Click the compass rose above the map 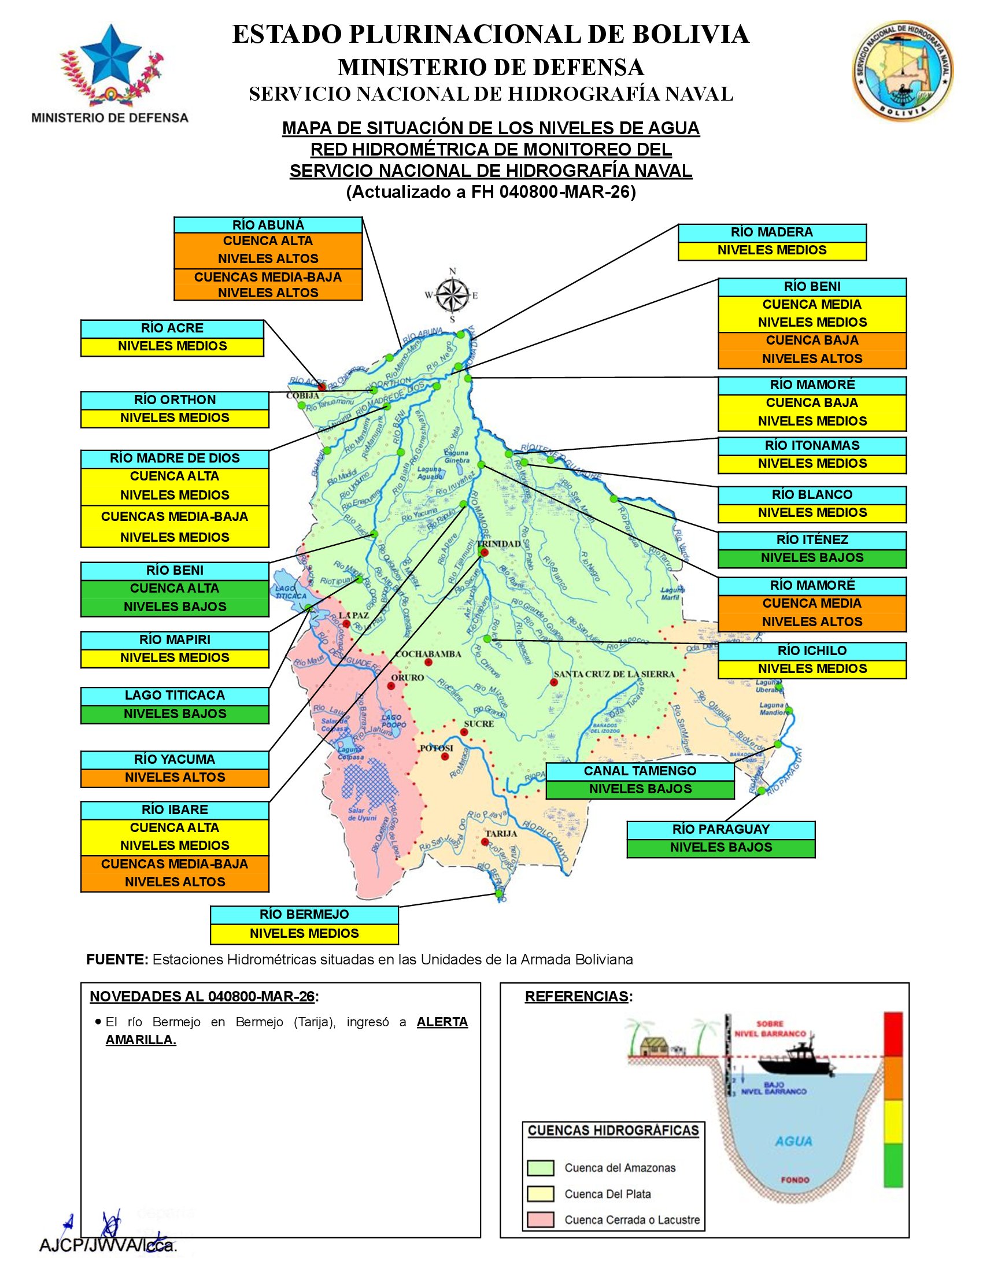click(453, 295)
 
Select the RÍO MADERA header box click(771, 232)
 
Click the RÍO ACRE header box click(172, 328)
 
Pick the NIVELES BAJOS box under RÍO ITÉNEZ click(812, 558)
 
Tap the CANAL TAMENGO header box click(640, 771)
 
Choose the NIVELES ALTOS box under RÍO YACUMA click(175, 778)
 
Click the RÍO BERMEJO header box click(304, 915)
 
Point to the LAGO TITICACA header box click(175, 696)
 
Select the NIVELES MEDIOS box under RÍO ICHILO click(812, 668)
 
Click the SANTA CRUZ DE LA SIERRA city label click(614, 674)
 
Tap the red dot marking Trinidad click(485, 552)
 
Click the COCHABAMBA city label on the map click(428, 653)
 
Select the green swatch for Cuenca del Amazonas click(540, 1168)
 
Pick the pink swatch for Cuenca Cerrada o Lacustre click(540, 1219)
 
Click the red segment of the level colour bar click(893, 1034)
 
